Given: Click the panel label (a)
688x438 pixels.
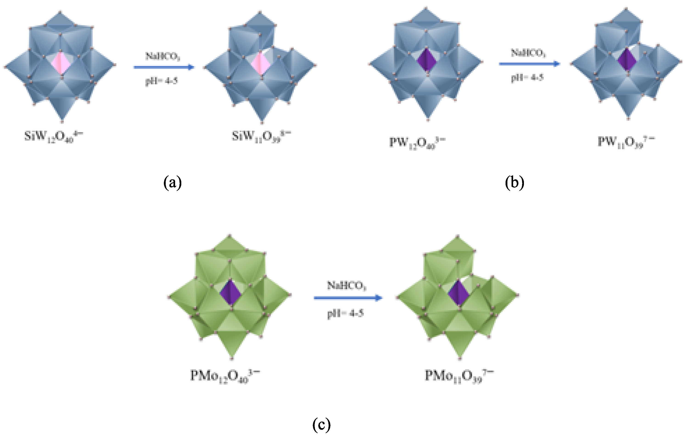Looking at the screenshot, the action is click(x=172, y=183).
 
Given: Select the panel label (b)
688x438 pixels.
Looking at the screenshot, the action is click(x=514, y=183).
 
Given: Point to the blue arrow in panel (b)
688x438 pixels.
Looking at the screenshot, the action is click(x=529, y=64).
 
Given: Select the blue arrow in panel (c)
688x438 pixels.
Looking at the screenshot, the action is click(x=348, y=298).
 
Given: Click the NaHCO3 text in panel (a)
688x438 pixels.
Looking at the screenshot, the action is click(x=162, y=56).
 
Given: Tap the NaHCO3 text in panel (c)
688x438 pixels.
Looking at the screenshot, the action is click(x=346, y=285).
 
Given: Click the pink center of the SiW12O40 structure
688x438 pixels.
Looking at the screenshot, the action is click(x=61, y=63).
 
